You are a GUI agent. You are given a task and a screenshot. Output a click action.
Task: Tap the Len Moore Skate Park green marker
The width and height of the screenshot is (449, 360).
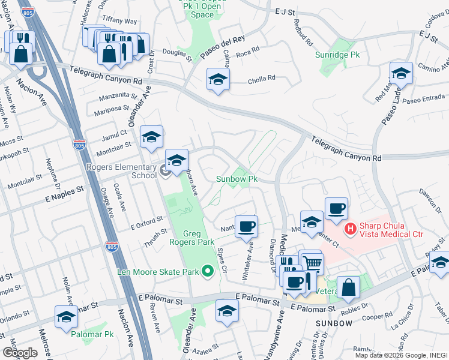click(208, 272)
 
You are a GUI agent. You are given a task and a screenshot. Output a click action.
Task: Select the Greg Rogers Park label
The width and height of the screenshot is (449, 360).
click(198, 238)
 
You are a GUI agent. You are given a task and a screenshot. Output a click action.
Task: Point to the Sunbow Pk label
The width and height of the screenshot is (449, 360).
click(237, 179)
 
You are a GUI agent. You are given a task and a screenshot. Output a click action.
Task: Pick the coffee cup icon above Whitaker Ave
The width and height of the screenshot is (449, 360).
click(246, 227)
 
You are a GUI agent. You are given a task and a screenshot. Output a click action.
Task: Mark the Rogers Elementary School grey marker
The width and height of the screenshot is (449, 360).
click(166, 172)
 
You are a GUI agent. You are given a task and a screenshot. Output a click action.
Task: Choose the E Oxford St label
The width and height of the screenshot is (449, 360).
click(146, 223)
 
